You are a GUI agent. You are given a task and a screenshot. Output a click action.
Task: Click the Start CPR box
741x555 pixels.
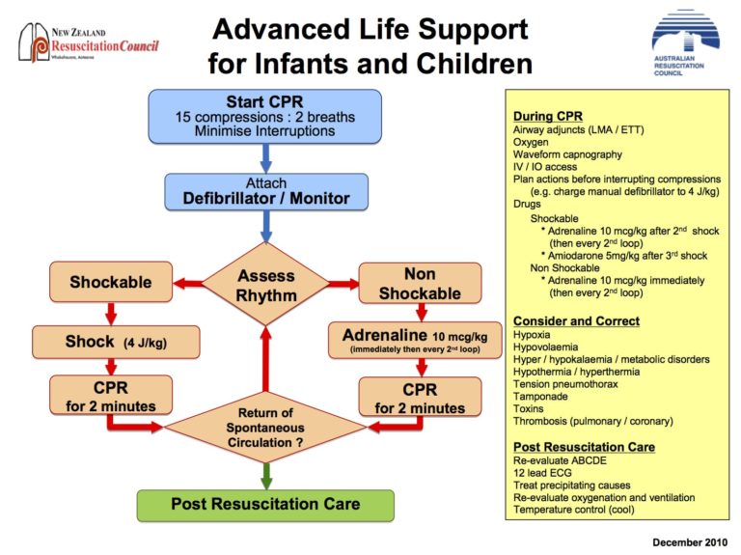coord(265,115)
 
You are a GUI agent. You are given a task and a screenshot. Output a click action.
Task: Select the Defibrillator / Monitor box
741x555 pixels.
coord(265,192)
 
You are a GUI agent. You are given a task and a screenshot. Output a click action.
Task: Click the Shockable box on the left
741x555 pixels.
coord(111,283)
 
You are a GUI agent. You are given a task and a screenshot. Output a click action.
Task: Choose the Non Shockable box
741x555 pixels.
coord(420,283)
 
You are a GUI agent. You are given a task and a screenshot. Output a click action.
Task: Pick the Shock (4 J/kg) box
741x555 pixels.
coord(116,342)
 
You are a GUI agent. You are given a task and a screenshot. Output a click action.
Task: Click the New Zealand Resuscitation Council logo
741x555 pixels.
coord(90,44)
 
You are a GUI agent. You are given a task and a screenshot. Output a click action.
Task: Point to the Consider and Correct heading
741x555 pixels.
coord(576,320)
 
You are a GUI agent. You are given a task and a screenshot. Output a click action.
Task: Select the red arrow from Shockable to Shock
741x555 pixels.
coord(111,313)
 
